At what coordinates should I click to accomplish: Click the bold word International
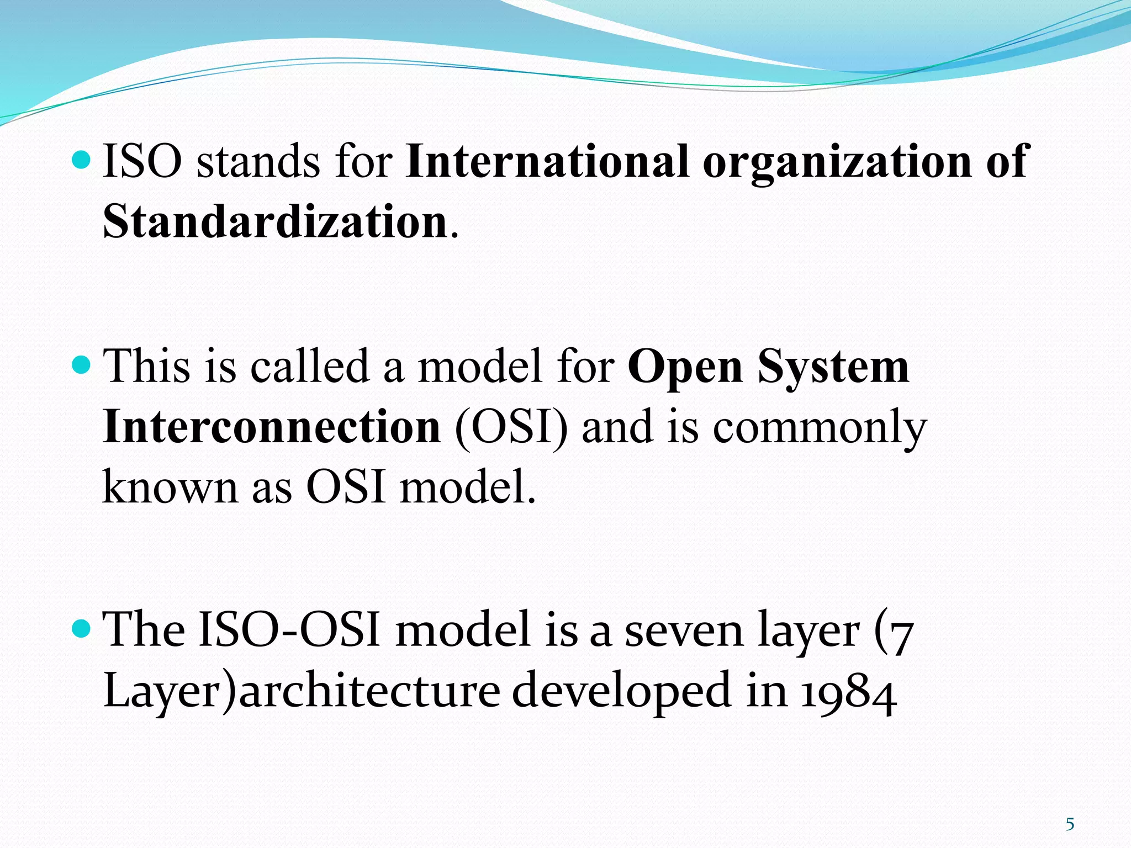[x=547, y=161]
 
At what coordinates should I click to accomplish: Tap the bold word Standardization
[x=274, y=222]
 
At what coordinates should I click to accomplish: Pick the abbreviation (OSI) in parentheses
[x=511, y=428]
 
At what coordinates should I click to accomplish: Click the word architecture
[x=370, y=692]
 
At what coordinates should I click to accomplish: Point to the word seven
[x=684, y=630]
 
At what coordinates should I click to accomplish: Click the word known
[x=170, y=487]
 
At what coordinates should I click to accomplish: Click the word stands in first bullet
[x=258, y=161]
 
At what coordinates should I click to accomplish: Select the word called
[x=310, y=366]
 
